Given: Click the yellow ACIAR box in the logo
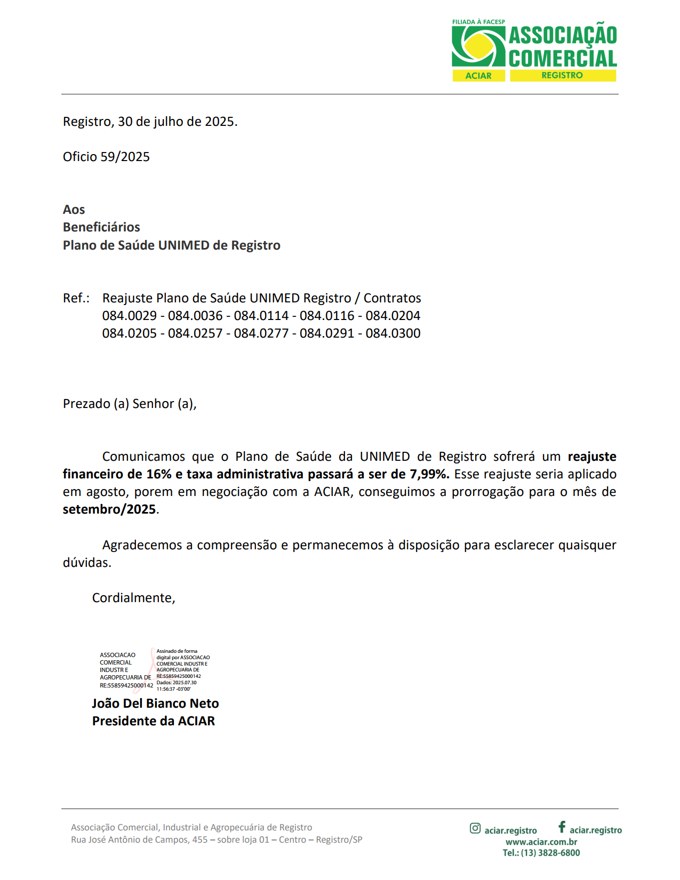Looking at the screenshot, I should (478, 76).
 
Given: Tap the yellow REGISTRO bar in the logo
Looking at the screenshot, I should (562, 76).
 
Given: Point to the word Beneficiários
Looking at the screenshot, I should (101, 227).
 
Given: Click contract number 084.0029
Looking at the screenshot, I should (130, 316).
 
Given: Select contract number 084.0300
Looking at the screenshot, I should (393, 333).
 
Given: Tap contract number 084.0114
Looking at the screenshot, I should (261, 316).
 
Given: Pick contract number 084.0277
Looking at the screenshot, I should (261, 333).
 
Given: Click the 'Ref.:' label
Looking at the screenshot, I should (76, 298).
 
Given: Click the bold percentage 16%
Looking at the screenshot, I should (159, 474).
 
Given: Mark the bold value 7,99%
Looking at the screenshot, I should (429, 474).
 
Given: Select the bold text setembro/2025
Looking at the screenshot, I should (109, 509).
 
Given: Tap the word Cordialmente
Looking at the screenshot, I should (133, 598).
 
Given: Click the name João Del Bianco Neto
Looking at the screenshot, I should (155, 703).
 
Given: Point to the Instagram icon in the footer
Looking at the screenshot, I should (475, 828).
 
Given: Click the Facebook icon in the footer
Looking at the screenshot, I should (562, 827).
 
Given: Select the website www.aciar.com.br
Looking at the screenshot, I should (541, 842).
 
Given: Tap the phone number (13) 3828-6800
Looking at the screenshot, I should (550, 853).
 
